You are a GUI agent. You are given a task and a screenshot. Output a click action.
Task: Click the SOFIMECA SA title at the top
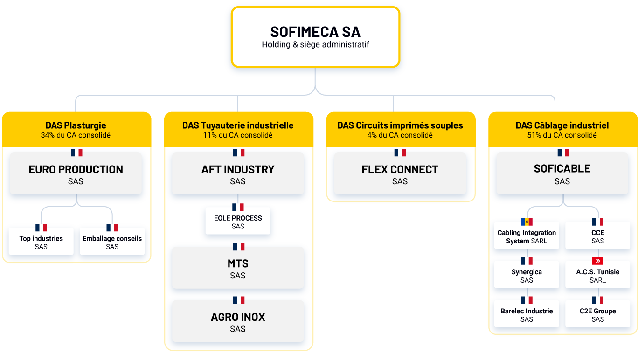(315, 32)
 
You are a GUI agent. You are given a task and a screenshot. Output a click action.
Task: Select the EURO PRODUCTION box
(76, 173)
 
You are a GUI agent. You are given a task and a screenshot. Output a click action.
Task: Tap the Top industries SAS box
(41, 241)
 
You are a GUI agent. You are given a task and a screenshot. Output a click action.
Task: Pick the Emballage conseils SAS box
(112, 241)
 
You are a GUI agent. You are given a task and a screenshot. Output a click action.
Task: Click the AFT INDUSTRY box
(238, 173)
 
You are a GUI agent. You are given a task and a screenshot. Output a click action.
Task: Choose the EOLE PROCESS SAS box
(238, 221)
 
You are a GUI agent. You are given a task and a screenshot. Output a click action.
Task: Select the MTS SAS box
(238, 268)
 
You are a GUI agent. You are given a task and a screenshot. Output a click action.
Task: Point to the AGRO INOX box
(238, 321)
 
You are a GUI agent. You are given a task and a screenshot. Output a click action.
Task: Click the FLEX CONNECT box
(400, 173)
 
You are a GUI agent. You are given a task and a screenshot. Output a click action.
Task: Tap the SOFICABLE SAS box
(562, 173)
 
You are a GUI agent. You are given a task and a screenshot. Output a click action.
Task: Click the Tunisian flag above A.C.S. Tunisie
(597, 261)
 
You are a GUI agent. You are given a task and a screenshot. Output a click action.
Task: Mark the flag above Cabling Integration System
(527, 222)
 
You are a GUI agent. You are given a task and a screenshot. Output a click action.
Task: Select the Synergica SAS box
(527, 275)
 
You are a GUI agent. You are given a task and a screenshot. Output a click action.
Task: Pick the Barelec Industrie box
(527, 313)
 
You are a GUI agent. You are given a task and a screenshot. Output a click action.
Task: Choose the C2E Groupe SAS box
(597, 313)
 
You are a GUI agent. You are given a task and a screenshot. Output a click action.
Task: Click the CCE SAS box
(597, 235)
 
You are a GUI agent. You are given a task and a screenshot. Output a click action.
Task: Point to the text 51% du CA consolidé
(562, 135)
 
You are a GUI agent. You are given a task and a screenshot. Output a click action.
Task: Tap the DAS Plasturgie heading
(76, 125)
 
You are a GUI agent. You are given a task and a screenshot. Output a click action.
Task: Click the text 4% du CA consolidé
(400, 135)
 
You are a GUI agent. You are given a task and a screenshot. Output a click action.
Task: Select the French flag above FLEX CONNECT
(400, 152)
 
